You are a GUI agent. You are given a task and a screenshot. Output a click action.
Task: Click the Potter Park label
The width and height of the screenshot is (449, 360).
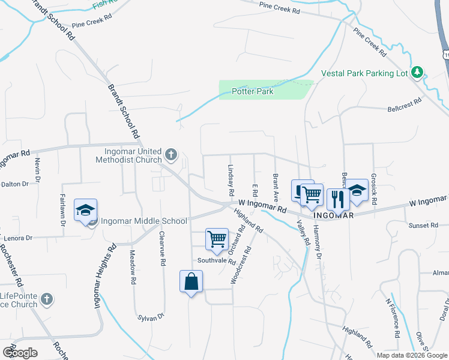click(x=253, y=92)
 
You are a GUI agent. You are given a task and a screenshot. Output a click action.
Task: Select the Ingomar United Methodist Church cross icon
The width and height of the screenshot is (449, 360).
click(x=171, y=155)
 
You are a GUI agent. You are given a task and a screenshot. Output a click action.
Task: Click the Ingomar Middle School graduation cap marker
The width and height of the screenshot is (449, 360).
click(x=85, y=210)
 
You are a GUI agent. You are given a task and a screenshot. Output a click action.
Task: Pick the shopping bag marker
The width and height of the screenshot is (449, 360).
click(x=191, y=281)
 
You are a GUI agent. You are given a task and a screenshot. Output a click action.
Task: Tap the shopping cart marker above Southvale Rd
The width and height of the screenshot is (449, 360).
click(x=217, y=239)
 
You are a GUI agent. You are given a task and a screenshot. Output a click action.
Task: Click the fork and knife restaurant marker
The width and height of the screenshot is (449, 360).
click(x=338, y=199)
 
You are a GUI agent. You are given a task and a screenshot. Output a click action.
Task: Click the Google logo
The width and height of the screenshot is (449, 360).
click(x=20, y=352)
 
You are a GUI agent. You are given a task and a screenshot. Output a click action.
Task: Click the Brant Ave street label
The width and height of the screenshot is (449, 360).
click(x=276, y=187)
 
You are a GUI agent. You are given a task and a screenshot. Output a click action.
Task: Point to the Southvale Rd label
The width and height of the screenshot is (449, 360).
click(x=216, y=261)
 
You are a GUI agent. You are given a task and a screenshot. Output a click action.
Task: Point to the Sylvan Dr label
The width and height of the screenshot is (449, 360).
click(x=151, y=317)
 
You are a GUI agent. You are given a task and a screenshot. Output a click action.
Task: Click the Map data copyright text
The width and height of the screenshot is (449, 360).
click(x=412, y=355)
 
